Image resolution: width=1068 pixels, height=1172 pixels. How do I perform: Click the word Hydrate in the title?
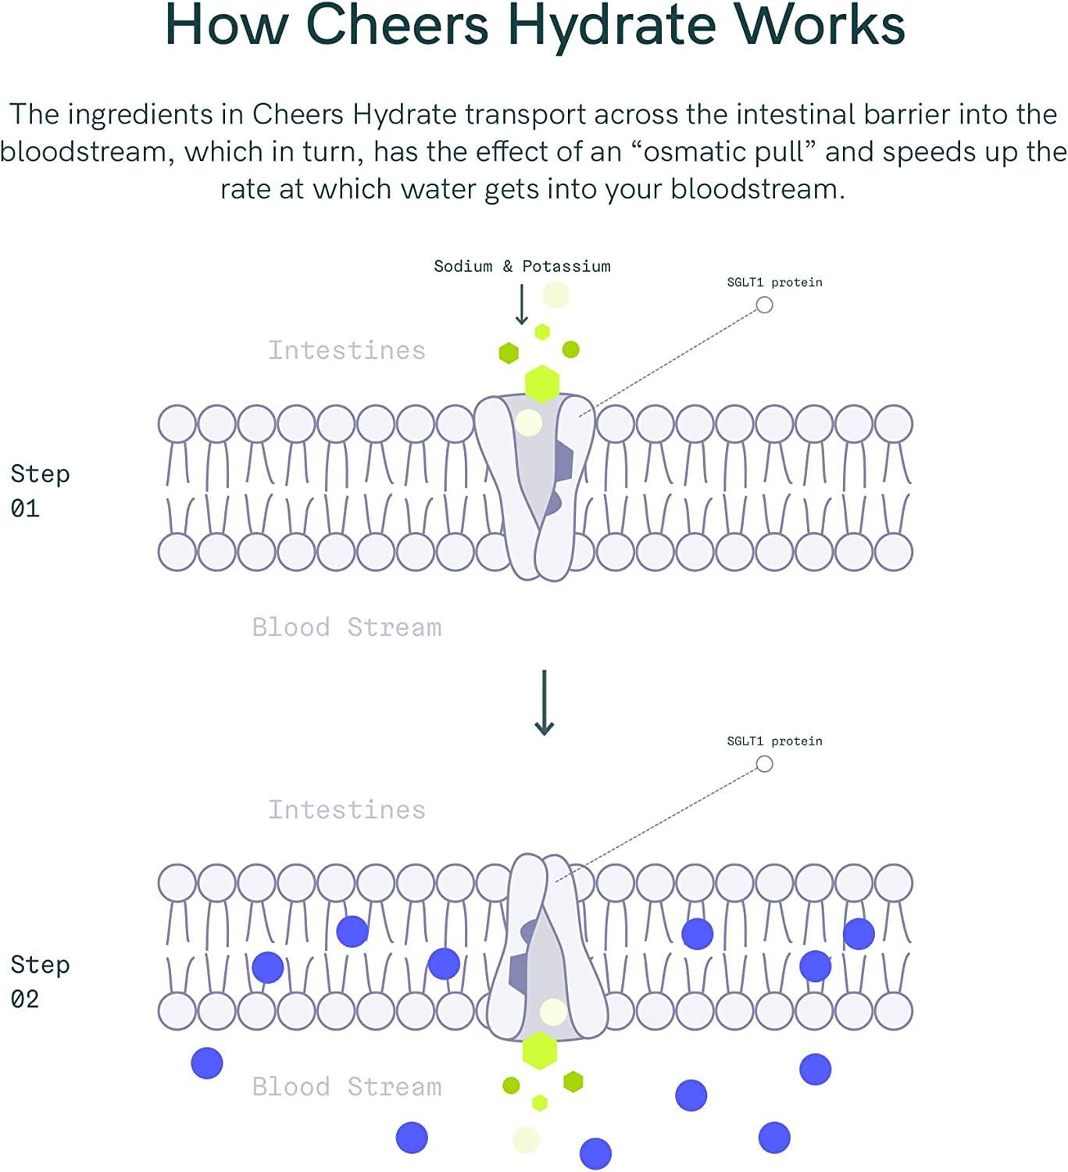click(612, 25)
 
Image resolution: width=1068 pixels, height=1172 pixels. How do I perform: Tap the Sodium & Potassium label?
click(522, 266)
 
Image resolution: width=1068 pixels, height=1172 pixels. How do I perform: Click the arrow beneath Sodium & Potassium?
click(522, 305)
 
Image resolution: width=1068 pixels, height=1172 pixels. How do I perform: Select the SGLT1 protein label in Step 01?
click(774, 282)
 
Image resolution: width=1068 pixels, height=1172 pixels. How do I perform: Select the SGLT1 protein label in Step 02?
click(774, 741)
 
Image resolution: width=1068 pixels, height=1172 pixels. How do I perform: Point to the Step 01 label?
click(40, 491)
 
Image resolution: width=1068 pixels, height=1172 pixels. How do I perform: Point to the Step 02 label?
click(40, 981)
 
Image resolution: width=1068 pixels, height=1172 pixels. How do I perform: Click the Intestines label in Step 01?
click(347, 350)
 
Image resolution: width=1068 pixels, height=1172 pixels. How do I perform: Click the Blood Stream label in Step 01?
click(347, 627)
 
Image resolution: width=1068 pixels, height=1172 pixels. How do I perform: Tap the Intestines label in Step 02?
click(347, 809)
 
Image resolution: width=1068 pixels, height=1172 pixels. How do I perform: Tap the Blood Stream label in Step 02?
click(347, 1086)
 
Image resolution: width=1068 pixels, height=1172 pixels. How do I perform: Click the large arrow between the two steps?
click(544, 702)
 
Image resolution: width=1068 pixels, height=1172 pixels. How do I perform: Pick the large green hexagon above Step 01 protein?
click(542, 384)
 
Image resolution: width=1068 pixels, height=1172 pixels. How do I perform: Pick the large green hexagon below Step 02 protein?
click(540, 1050)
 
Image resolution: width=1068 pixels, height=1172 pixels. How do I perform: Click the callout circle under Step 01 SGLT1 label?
click(764, 306)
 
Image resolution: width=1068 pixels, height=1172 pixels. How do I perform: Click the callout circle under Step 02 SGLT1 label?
click(764, 764)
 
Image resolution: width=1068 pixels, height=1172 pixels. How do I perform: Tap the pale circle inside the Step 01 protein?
click(529, 423)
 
